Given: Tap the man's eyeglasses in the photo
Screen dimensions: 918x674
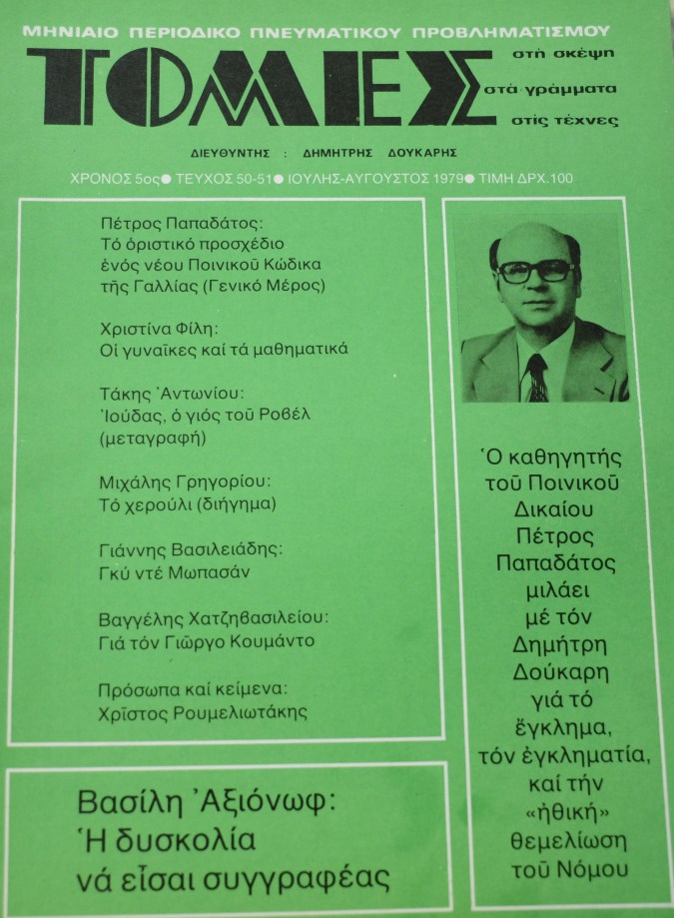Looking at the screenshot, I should [x=535, y=271].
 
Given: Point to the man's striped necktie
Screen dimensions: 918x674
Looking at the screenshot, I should [x=536, y=377].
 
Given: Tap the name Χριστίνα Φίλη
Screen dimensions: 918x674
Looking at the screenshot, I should [x=162, y=328].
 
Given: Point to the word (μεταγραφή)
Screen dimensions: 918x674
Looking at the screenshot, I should [x=152, y=438].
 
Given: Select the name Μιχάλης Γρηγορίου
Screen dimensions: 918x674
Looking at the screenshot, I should [x=183, y=480].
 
